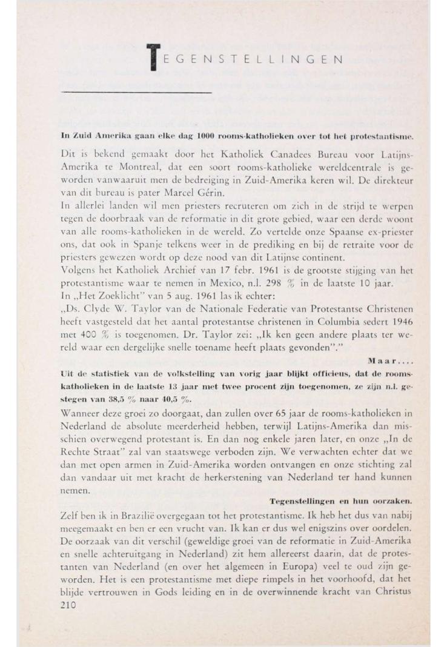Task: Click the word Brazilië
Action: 123,514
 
